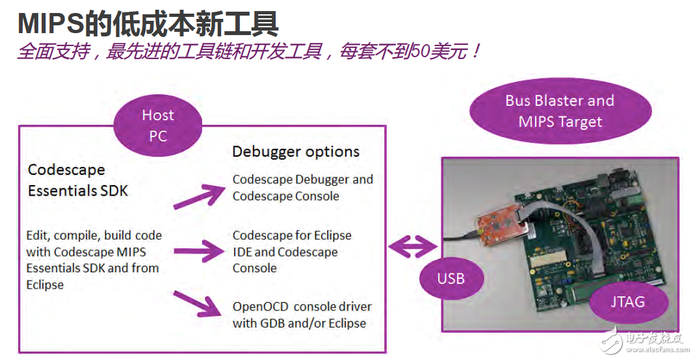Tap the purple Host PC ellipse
tap(157, 125)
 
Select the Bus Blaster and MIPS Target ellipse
tap(560, 111)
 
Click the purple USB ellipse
tap(451, 278)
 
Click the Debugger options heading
tap(296, 152)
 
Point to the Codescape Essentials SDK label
tap(78, 180)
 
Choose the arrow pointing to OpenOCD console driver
tap(198, 302)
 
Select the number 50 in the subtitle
tap(419, 52)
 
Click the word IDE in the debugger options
tap(243, 252)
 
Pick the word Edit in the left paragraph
tap(38, 235)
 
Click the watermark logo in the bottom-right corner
tap(644, 339)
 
